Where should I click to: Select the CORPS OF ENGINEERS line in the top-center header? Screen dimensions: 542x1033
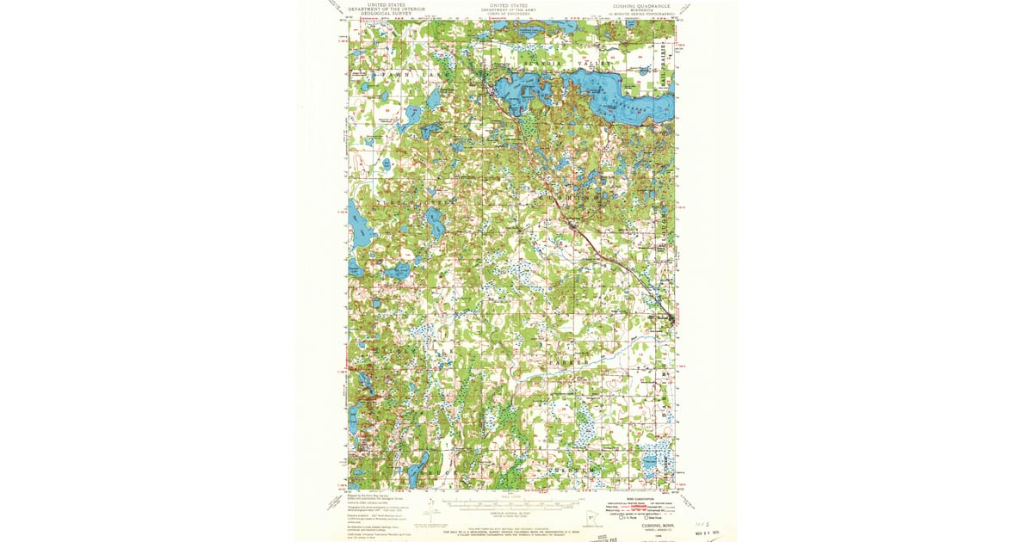(509, 14)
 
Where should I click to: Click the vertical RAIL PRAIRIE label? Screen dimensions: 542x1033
(664, 60)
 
